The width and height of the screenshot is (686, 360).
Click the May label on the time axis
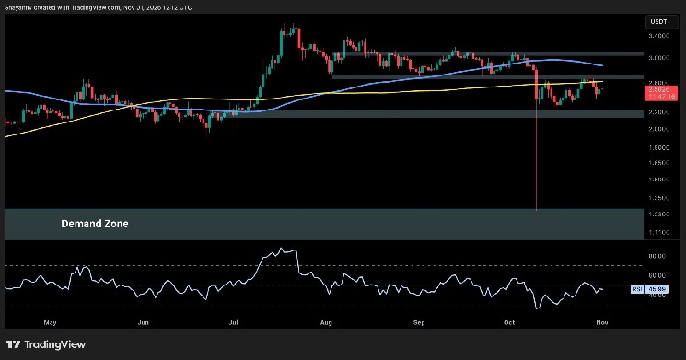point(50,323)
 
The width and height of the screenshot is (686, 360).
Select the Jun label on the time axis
point(143,323)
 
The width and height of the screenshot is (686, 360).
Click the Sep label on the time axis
point(420,323)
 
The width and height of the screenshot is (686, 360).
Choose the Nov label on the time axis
point(602,323)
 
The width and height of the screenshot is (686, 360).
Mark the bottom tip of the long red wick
point(537,210)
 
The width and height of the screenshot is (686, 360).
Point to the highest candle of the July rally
point(293,27)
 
